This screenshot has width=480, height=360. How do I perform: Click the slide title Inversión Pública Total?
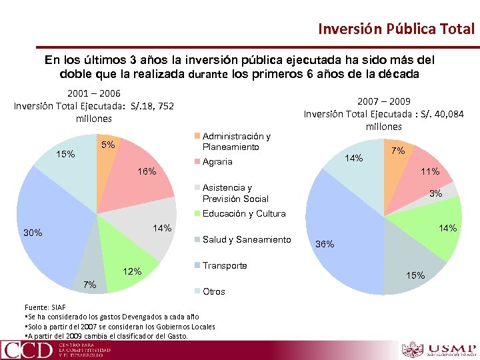click(x=396, y=29)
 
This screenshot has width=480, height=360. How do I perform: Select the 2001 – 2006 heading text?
click(x=93, y=94)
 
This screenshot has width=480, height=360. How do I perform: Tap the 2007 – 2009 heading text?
click(x=383, y=101)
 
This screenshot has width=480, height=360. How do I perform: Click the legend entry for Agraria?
click(x=217, y=161)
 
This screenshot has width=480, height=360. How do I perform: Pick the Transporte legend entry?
click(x=224, y=265)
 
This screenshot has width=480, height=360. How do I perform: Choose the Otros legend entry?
click(x=213, y=291)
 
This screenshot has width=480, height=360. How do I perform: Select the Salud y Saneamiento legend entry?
click(x=246, y=239)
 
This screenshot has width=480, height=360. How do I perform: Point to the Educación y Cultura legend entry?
click(x=243, y=213)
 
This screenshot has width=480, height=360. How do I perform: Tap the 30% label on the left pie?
click(x=33, y=233)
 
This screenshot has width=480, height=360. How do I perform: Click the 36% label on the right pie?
click(x=324, y=244)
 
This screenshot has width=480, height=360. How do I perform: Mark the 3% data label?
click(x=436, y=193)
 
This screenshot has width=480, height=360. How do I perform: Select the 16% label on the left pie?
click(x=147, y=172)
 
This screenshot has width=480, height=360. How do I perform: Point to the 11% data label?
click(x=430, y=171)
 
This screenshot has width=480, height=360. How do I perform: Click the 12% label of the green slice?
click(x=132, y=271)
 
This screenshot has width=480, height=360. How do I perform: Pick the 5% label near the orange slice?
click(x=107, y=145)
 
